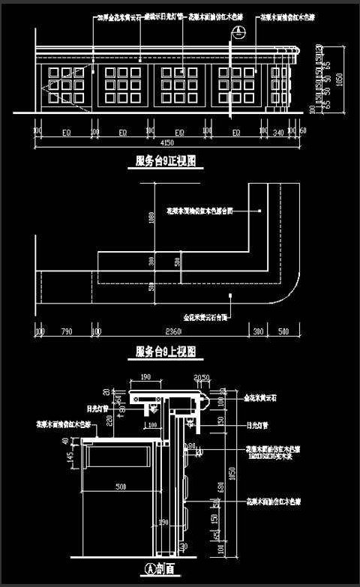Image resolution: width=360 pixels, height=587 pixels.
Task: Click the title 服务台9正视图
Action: tap(166, 160)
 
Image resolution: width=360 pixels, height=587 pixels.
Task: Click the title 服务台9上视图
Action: tap(166, 352)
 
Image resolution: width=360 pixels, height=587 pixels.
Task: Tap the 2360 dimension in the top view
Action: tap(175, 330)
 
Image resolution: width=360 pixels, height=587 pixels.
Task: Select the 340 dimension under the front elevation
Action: tap(278, 133)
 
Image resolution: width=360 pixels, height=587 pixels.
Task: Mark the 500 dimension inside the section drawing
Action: tap(120, 487)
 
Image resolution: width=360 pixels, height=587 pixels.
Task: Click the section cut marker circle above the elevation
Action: tap(239, 33)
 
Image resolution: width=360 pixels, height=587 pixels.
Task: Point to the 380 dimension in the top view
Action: tap(259, 330)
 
